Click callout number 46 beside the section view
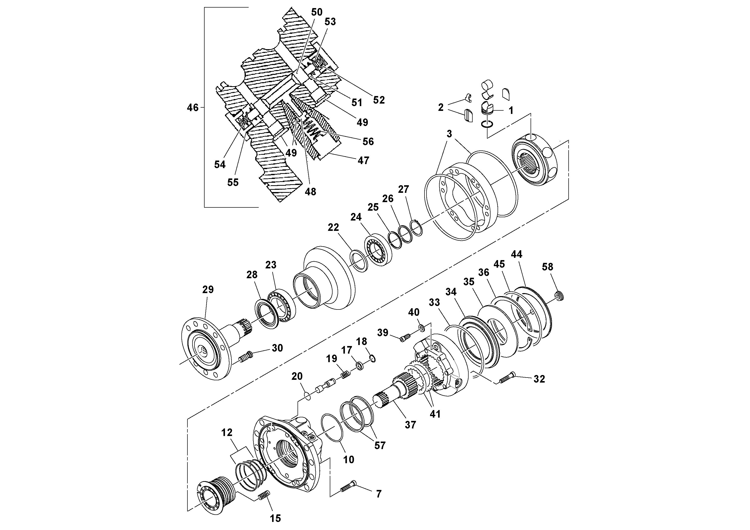click(192, 108)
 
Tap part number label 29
click(208, 290)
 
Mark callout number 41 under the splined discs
click(435, 414)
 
